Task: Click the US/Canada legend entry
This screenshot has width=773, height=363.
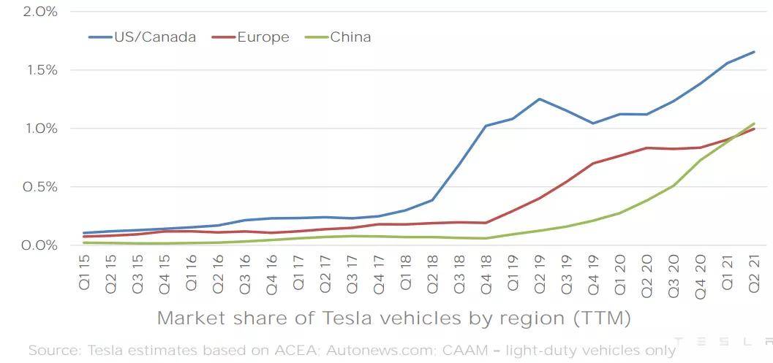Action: [x=143, y=37]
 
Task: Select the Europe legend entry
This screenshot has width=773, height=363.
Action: [x=250, y=37]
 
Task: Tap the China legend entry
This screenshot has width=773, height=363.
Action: [x=338, y=37]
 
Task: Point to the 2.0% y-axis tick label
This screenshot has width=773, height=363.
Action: [x=40, y=12]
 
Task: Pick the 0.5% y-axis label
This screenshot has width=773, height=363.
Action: [x=40, y=187]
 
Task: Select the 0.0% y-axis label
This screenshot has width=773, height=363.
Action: [x=40, y=245]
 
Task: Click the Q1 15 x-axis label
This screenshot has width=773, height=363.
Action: [x=84, y=273]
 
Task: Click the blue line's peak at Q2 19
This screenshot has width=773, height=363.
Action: [x=539, y=99]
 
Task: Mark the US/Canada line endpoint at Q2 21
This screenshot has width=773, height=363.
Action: [x=754, y=52]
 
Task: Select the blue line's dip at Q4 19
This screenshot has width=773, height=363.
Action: [x=593, y=123]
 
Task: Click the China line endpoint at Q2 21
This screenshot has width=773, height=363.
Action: [x=754, y=123]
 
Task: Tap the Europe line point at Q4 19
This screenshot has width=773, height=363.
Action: [x=593, y=163]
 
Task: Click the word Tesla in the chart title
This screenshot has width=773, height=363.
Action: [x=343, y=318]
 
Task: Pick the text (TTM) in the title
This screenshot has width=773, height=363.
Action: [x=602, y=318]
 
